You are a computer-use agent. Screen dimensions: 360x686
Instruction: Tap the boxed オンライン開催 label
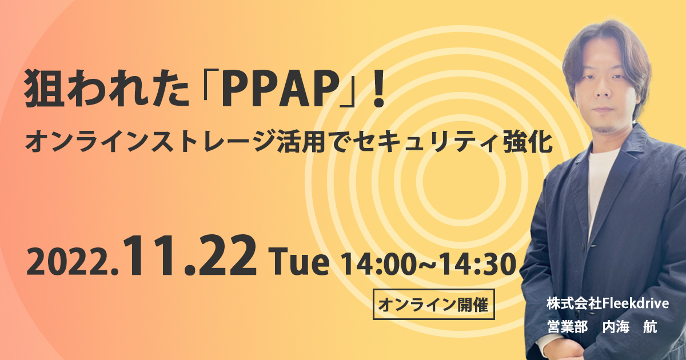point(433,305)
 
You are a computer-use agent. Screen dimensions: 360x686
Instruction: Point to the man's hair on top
point(606,37)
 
